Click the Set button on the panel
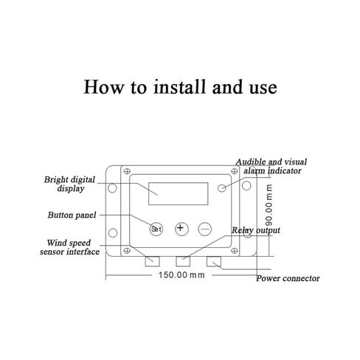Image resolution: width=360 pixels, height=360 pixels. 156,229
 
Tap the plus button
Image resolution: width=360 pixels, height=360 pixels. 181,229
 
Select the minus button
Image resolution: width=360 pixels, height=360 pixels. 205,229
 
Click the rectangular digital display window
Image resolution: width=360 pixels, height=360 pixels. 179,193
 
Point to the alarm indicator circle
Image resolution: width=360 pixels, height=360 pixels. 222,188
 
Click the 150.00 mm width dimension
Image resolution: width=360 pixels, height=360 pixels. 181,275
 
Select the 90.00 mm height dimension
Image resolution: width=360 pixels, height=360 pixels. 269,205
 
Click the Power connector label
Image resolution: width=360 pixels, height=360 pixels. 288,278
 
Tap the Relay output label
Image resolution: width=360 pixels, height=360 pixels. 256,230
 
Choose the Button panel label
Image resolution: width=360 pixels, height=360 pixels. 72,215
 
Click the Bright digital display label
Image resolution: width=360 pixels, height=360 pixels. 69,184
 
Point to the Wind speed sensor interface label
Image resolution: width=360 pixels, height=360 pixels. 69,247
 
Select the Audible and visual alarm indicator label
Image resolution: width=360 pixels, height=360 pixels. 271,166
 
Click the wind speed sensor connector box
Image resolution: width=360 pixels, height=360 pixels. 153,261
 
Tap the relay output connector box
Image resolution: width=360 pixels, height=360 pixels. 183,261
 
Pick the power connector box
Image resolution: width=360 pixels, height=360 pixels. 214,261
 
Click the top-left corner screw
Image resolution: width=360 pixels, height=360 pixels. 127,171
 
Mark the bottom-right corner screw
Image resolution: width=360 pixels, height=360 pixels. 235,251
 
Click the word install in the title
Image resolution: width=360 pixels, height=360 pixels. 179,87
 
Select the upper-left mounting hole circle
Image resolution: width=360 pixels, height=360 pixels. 112,188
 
